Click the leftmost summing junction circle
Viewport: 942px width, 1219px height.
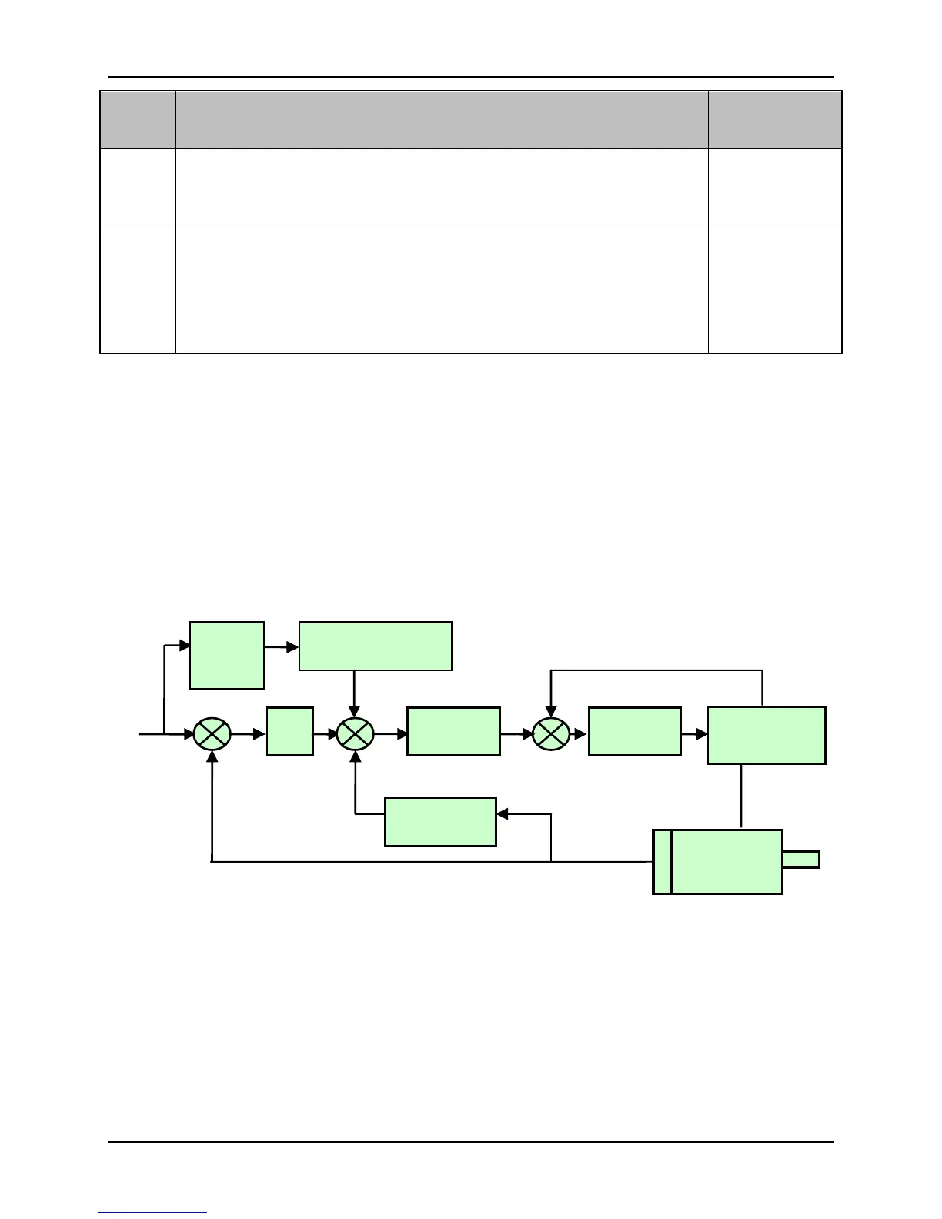tap(211, 734)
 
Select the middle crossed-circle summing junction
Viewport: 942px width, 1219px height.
tap(355, 734)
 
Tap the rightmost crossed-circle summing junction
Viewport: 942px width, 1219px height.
tap(551, 734)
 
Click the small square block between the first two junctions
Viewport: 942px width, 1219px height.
tap(289, 731)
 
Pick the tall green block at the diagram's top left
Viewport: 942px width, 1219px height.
tap(227, 655)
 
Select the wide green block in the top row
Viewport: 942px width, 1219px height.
tap(376, 646)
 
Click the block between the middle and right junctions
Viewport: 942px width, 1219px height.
tap(453, 731)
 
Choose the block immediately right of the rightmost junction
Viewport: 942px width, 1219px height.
tap(634, 731)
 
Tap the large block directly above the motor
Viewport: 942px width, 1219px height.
tap(767, 736)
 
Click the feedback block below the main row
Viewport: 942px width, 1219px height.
tap(440, 821)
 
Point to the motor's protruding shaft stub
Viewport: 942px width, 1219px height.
tap(801, 860)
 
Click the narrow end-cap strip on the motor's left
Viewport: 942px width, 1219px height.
tap(662, 861)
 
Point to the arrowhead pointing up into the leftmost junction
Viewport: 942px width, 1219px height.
tap(212, 758)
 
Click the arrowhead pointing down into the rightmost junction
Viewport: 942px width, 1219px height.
tap(551, 710)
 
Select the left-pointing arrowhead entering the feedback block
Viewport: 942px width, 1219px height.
tap(503, 814)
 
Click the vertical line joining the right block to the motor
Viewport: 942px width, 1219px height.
tap(740, 797)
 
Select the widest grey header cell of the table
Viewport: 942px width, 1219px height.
tap(442, 119)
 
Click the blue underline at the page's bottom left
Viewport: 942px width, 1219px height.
tap(152, 1213)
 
